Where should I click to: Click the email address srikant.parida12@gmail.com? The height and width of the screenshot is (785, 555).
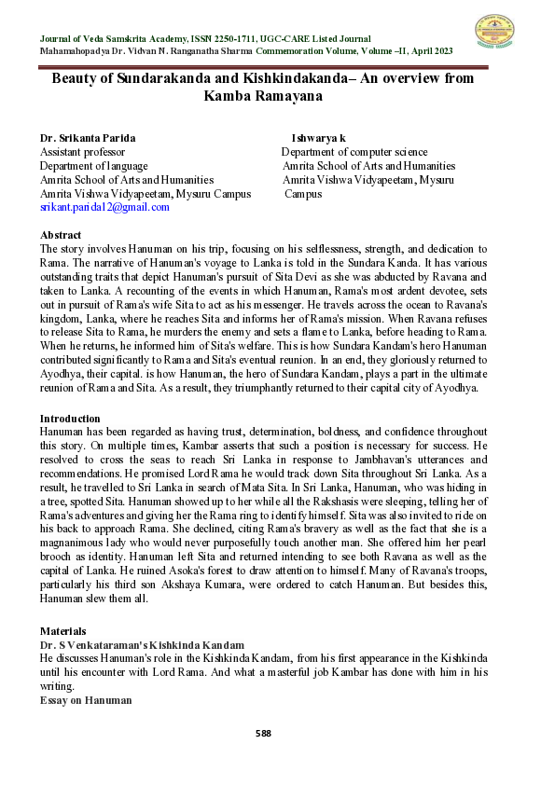[x=104, y=207]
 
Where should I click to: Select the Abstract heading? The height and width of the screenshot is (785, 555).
[x=61, y=235]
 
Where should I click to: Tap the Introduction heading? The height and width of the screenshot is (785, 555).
[x=70, y=419]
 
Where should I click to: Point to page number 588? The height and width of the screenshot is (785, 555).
[x=263, y=733]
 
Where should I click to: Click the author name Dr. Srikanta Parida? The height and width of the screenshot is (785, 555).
[x=86, y=138]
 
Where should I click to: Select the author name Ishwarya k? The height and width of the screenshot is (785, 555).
[x=319, y=138]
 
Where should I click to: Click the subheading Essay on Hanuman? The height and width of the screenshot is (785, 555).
[x=86, y=699]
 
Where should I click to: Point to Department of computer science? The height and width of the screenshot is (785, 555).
[x=354, y=152]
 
